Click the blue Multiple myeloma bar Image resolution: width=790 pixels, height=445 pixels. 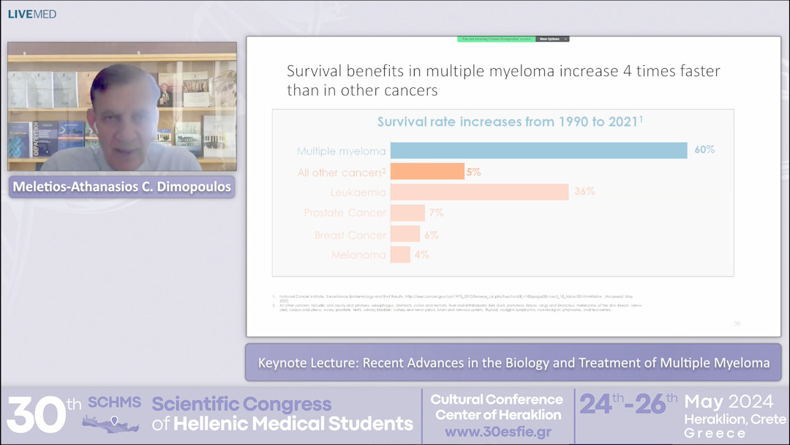[x=538, y=151]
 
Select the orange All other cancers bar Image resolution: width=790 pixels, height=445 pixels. [x=427, y=172]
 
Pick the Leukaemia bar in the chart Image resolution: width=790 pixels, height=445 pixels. [x=479, y=192]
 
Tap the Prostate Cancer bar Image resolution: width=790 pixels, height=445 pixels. [x=407, y=213]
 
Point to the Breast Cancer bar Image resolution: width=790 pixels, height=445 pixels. [x=405, y=234]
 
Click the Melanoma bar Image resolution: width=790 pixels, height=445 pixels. [x=400, y=255]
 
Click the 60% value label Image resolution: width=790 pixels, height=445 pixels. [x=704, y=150]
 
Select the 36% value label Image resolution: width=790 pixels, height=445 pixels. [x=584, y=192]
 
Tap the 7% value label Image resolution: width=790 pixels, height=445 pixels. [x=437, y=213]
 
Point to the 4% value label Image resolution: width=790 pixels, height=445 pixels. [x=421, y=255]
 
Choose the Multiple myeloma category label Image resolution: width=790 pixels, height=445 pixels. [x=341, y=152]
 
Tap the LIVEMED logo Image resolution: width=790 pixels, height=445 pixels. [x=31, y=14]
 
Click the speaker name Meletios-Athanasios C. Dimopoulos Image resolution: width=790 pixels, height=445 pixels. [x=121, y=187]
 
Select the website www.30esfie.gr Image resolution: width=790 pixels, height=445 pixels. [x=497, y=431]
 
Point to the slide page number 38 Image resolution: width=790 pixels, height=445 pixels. [x=737, y=323]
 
